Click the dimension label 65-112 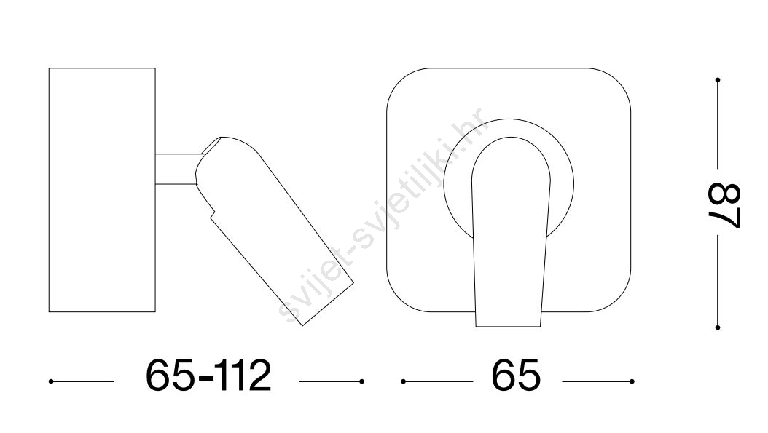click(x=208, y=376)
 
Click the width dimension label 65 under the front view click(x=516, y=376)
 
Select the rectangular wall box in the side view click(x=102, y=190)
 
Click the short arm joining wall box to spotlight click(x=176, y=170)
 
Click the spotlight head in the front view click(x=510, y=235)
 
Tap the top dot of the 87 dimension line click(x=718, y=79)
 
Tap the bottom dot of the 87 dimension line click(x=718, y=327)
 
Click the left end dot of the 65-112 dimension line click(x=51, y=381)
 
